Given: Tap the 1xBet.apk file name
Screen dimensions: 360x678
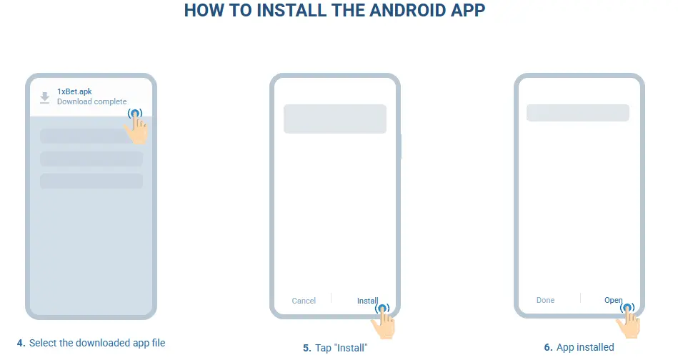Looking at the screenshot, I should pyautogui.click(x=74, y=91).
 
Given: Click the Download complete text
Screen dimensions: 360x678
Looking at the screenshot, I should pyautogui.click(x=91, y=101).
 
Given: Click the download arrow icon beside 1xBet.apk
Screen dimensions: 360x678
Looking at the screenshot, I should pyautogui.click(x=45, y=97).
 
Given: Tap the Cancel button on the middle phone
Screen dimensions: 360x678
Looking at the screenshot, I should pyautogui.click(x=304, y=301).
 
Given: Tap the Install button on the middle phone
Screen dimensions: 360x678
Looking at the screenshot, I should pyautogui.click(x=367, y=301).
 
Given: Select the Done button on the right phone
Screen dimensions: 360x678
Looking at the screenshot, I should pyautogui.click(x=545, y=300).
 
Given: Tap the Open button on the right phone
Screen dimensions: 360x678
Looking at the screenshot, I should pyautogui.click(x=613, y=300).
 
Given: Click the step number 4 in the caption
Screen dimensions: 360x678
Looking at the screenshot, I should pyautogui.click(x=21, y=344).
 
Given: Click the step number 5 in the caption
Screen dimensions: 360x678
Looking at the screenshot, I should pyautogui.click(x=306, y=348).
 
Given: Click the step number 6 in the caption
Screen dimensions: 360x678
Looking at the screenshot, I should pyautogui.click(x=548, y=347).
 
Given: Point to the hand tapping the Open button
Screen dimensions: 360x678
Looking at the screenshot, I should pyautogui.click(x=629, y=321).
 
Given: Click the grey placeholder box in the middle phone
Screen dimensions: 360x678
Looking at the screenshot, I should pyautogui.click(x=334, y=119).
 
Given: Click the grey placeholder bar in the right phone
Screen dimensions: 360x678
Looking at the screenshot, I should pyautogui.click(x=577, y=113).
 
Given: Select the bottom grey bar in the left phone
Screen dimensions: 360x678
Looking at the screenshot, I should pyautogui.click(x=91, y=181).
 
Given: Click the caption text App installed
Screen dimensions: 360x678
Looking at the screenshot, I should pyautogui.click(x=585, y=347).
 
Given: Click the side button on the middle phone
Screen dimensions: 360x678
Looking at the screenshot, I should pyautogui.click(x=400, y=146).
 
